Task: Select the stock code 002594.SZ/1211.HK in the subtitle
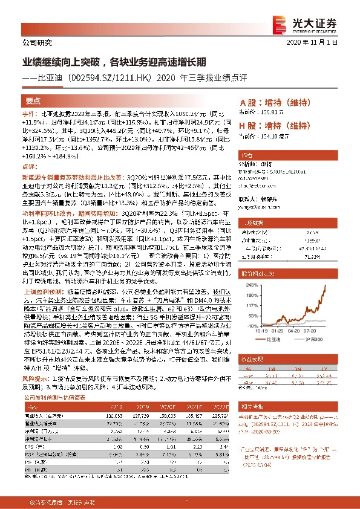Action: click(113, 78)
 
